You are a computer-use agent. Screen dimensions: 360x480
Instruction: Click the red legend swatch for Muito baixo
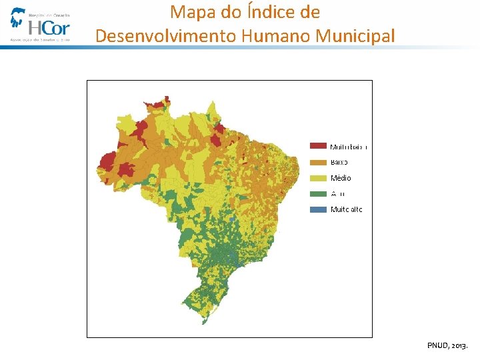pos(319,146)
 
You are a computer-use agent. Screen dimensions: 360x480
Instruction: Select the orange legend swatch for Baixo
pos(319,162)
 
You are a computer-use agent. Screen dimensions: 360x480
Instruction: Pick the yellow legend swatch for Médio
pos(319,178)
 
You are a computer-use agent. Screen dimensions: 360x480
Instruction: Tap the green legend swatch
pos(319,194)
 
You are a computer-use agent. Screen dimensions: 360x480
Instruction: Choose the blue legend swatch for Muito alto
pos(319,209)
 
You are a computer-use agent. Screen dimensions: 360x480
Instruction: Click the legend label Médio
pos(341,178)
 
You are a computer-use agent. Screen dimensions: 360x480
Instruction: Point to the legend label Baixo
pos(339,162)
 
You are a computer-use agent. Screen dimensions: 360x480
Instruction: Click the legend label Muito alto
pos(347,209)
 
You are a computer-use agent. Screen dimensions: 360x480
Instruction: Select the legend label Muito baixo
pos(349,146)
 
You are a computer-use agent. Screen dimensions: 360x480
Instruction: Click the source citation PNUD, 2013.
pos(447,345)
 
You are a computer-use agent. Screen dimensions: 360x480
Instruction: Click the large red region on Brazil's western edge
pos(107,162)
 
